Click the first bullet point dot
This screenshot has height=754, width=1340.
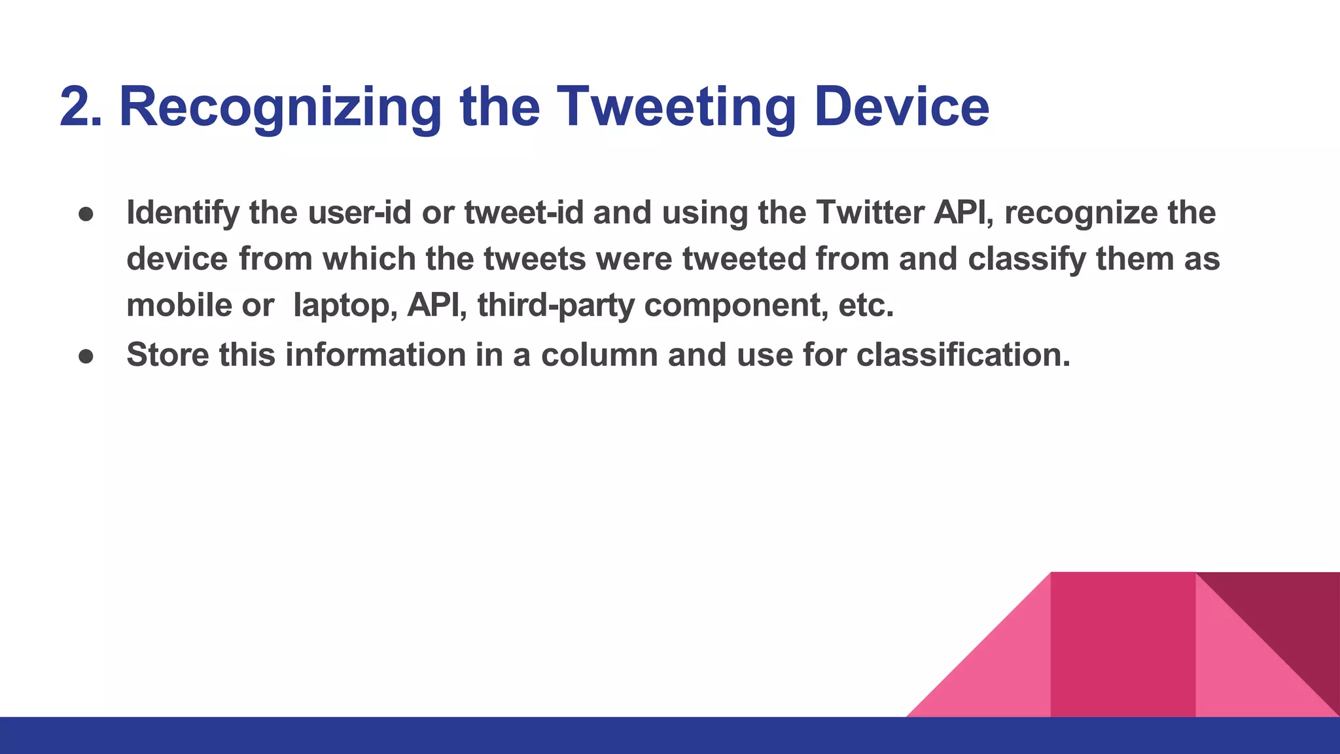(87, 214)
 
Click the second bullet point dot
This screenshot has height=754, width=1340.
(87, 355)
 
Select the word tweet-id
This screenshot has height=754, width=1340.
(523, 213)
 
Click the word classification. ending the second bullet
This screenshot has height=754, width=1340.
(963, 355)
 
